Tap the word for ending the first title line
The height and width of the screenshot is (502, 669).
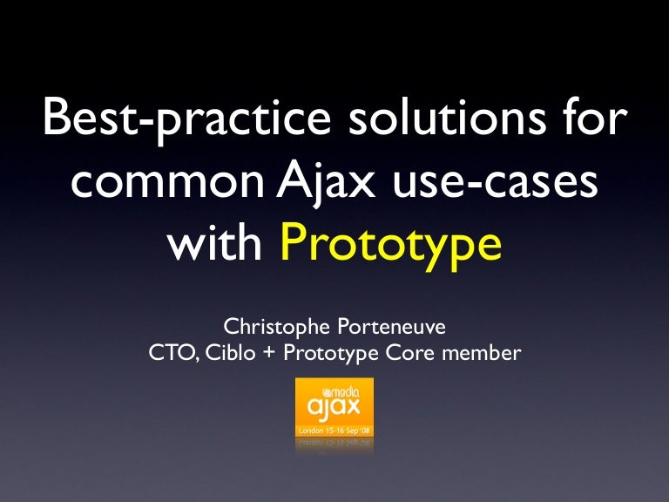click(592, 120)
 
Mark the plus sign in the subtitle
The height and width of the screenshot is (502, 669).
click(269, 354)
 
